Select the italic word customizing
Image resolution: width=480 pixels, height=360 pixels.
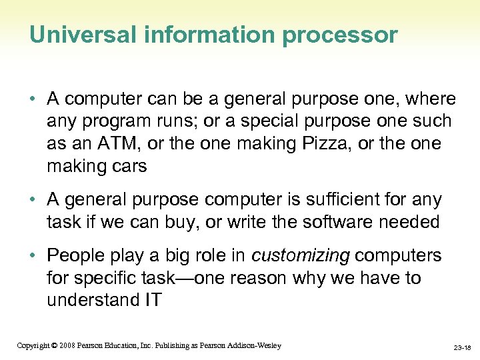(x=299, y=255)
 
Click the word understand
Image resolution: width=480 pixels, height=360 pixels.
(x=90, y=300)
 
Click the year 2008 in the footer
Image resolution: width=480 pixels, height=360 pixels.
(x=67, y=345)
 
